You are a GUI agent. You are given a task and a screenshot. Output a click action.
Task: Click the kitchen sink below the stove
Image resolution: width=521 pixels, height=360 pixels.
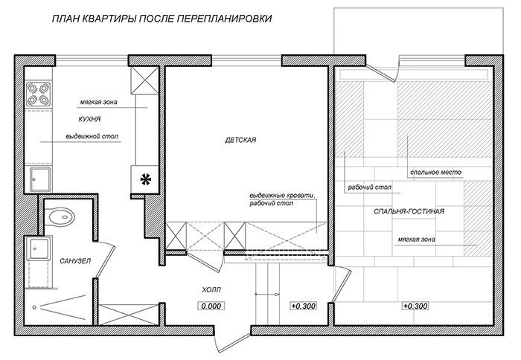tap(39, 179)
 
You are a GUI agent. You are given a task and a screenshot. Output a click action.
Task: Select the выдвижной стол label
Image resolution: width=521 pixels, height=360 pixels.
tap(92, 137)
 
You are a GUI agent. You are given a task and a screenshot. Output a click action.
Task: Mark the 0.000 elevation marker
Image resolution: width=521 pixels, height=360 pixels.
tap(212, 306)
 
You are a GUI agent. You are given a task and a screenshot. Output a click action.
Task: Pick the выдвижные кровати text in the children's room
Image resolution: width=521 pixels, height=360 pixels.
tap(284, 196)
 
